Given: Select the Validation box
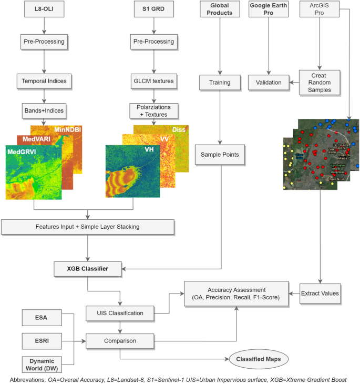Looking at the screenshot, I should (x=269, y=82).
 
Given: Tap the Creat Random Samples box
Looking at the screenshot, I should (x=320, y=82).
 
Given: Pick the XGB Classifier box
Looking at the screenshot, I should (x=88, y=268).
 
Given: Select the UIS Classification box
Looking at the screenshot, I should (x=120, y=313).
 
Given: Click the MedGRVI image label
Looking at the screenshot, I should (x=25, y=151).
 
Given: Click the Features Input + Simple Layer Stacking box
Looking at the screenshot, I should (x=88, y=227).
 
